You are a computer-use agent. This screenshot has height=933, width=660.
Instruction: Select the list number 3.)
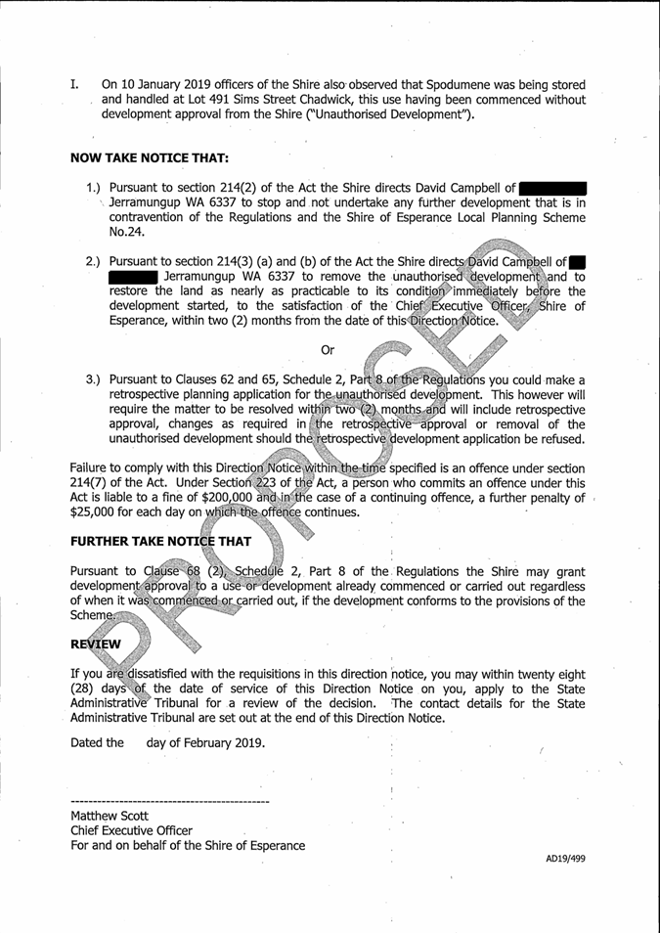tap(95, 378)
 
